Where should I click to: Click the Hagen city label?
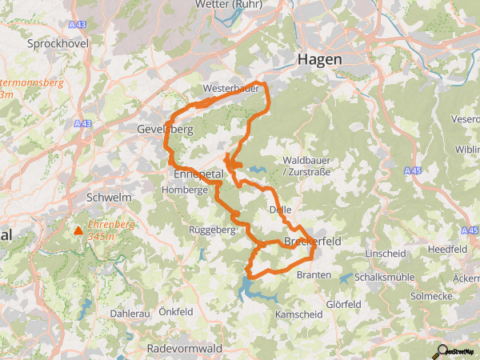(x=319, y=59)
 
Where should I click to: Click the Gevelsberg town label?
(x=166, y=130)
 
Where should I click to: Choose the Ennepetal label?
(x=198, y=174)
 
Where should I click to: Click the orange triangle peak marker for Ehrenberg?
(x=78, y=231)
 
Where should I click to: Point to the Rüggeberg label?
(x=210, y=230)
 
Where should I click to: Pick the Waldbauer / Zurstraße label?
(x=306, y=166)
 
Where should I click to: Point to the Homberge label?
(x=184, y=190)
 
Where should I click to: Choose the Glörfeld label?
(x=343, y=305)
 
